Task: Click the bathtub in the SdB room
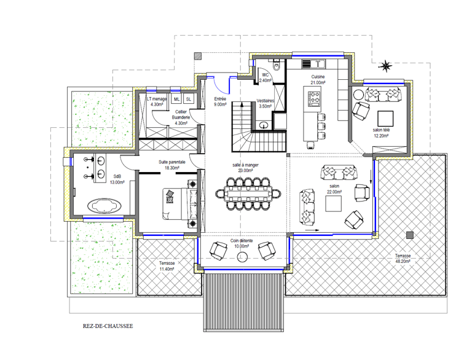click(104, 206)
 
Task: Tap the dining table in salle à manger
click(248, 194)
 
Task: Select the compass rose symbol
click(385, 66)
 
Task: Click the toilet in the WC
click(276, 65)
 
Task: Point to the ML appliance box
click(176, 99)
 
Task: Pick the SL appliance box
click(189, 99)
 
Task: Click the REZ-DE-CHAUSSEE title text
click(108, 326)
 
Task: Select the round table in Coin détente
click(242, 256)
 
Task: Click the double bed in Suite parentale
click(179, 204)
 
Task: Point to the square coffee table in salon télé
click(385, 119)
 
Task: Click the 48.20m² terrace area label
click(403, 259)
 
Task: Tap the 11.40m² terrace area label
click(167, 266)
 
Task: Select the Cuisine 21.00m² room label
click(318, 79)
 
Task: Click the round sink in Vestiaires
click(264, 125)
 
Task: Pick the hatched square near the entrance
click(198, 56)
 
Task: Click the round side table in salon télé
click(358, 95)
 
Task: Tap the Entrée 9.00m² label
click(220, 102)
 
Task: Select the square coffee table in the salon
click(333, 204)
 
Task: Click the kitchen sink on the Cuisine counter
click(318, 64)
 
